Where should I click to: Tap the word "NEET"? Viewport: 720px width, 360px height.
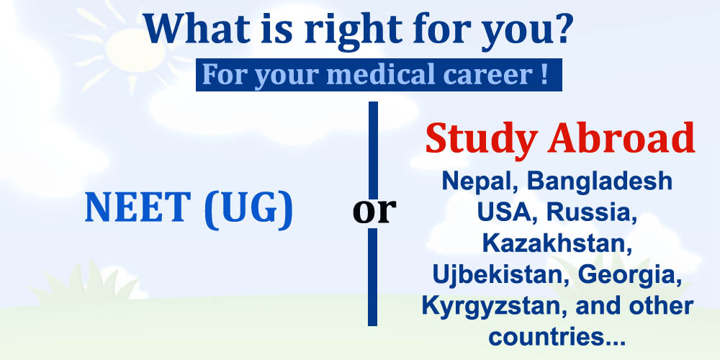pos(138,207)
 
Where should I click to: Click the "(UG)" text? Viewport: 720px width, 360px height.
pos(248,210)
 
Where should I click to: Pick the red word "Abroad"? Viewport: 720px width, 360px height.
pos(621,138)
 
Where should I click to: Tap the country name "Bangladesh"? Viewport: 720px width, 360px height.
pos(600,182)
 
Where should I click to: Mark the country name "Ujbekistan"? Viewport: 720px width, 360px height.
pos(500,275)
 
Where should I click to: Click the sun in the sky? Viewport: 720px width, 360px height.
pos(135,50)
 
